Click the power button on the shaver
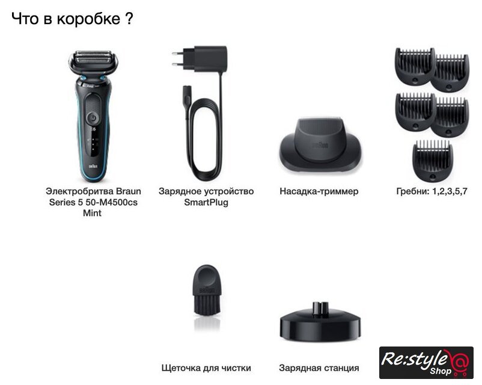click(93, 117)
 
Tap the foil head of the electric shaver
click(93, 60)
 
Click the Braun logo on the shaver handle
click(93, 166)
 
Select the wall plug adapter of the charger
click(200, 59)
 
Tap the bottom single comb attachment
click(433, 160)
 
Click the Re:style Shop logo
click(426, 363)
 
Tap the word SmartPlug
click(206, 202)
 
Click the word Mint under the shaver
click(92, 213)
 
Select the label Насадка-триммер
click(319, 191)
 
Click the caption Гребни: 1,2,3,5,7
click(432, 191)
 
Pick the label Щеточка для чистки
click(206, 368)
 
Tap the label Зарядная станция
click(319, 368)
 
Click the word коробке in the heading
click(88, 19)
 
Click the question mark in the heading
click(129, 19)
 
